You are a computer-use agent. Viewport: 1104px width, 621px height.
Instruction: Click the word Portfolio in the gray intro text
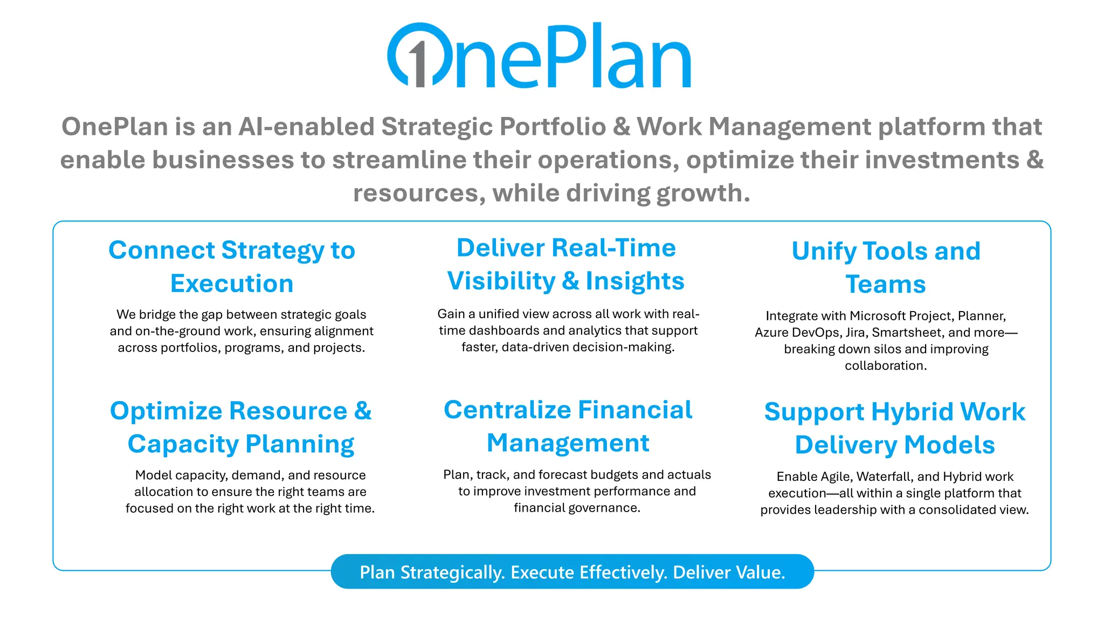click(x=553, y=127)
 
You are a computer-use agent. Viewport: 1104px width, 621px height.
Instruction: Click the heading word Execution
click(x=232, y=284)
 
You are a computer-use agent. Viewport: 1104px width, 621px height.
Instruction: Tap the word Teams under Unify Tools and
click(x=886, y=285)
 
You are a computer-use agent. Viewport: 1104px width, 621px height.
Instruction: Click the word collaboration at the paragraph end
click(x=885, y=366)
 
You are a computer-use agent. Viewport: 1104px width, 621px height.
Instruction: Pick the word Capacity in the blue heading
click(x=183, y=445)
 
